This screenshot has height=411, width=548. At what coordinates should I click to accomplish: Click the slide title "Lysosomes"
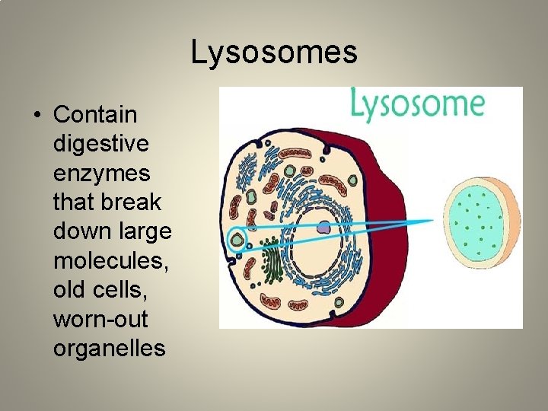pos(274,53)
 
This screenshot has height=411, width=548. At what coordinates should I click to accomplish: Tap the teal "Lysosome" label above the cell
pos(418,105)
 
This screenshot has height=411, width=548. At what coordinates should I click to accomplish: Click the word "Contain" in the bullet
pos(95,115)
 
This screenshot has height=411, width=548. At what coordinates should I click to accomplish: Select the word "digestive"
pos(100,144)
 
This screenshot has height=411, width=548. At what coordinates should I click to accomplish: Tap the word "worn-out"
pos(99,320)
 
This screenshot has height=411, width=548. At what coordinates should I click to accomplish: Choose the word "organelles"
pos(109,349)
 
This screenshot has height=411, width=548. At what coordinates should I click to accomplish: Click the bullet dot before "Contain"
pos(36,116)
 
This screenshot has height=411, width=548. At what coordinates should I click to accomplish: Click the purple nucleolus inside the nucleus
pos(324,226)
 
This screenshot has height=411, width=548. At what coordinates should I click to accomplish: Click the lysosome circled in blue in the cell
pos(239,241)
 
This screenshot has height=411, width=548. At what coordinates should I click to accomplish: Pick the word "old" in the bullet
pos(67,290)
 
